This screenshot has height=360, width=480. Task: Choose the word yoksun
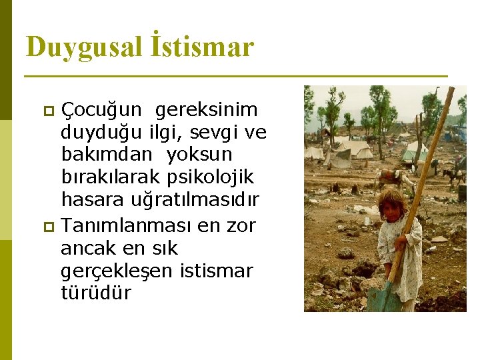[199, 155]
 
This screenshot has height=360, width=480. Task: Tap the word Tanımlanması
[126, 225]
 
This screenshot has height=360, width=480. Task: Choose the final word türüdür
[96, 293]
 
